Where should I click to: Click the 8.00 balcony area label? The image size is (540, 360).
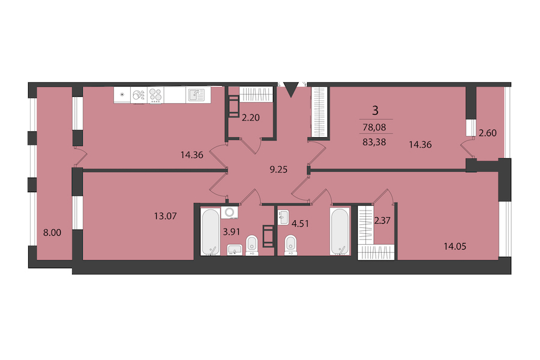(52, 233)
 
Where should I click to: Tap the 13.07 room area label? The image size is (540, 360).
(166, 217)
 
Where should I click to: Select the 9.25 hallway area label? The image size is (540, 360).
(278, 169)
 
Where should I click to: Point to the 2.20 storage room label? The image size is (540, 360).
(250, 118)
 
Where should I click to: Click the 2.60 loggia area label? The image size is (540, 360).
(488, 133)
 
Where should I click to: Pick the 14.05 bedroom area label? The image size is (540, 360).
(455, 247)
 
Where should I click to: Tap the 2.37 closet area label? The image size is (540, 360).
(382, 220)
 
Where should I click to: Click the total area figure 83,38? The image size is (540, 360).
(374, 142)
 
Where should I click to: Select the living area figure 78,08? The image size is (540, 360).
(374, 127)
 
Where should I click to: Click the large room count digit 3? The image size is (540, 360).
(376, 110)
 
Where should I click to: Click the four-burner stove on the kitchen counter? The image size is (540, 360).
(155, 95)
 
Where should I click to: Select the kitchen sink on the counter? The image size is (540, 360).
(195, 95)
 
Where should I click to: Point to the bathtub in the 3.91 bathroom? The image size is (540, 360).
(210, 232)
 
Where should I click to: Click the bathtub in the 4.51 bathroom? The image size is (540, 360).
(340, 232)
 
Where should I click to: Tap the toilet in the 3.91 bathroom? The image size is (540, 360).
(252, 245)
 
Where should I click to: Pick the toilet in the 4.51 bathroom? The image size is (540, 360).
(291, 245)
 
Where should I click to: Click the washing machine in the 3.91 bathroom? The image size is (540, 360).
(229, 212)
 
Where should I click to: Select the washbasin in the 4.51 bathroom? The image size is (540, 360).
(283, 217)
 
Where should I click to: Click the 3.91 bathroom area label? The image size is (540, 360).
(232, 232)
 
